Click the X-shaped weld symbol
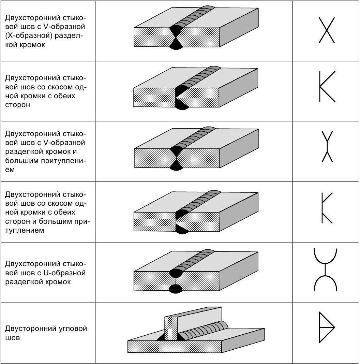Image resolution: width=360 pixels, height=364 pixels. (x=327, y=31)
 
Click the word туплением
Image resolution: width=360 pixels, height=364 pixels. (x=25, y=230)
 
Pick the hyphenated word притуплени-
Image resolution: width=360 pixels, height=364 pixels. (x=64, y=161)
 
